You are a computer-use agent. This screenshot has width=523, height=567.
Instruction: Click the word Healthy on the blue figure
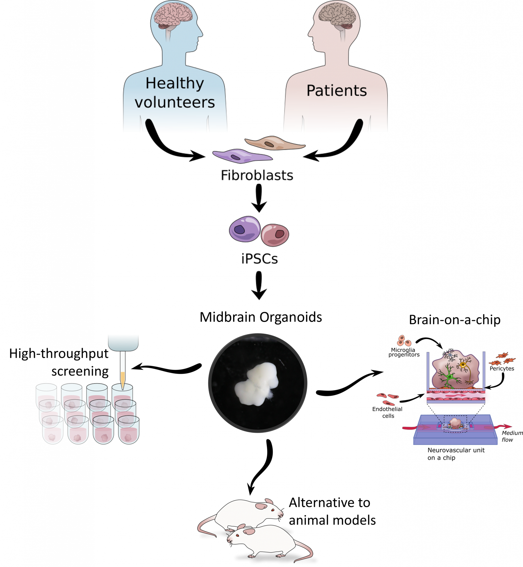[x=175, y=83]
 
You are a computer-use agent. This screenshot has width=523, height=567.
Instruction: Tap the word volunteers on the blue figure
[x=175, y=102]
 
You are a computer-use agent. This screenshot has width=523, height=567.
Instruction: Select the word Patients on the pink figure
[x=337, y=91]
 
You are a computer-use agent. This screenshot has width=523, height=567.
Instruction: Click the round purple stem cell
[x=245, y=229]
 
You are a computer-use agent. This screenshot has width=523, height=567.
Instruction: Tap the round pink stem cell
[x=275, y=235]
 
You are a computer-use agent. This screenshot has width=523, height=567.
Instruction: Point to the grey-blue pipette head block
[x=123, y=342]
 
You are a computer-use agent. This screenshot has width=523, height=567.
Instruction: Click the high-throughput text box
[x=64, y=355]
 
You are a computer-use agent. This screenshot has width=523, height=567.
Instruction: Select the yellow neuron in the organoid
[x=463, y=365]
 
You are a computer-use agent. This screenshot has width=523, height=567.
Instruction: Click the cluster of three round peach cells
[x=404, y=341]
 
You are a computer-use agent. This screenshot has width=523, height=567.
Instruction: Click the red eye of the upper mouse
[x=273, y=510]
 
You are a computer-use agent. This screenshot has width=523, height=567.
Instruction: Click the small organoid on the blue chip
[x=455, y=423]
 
